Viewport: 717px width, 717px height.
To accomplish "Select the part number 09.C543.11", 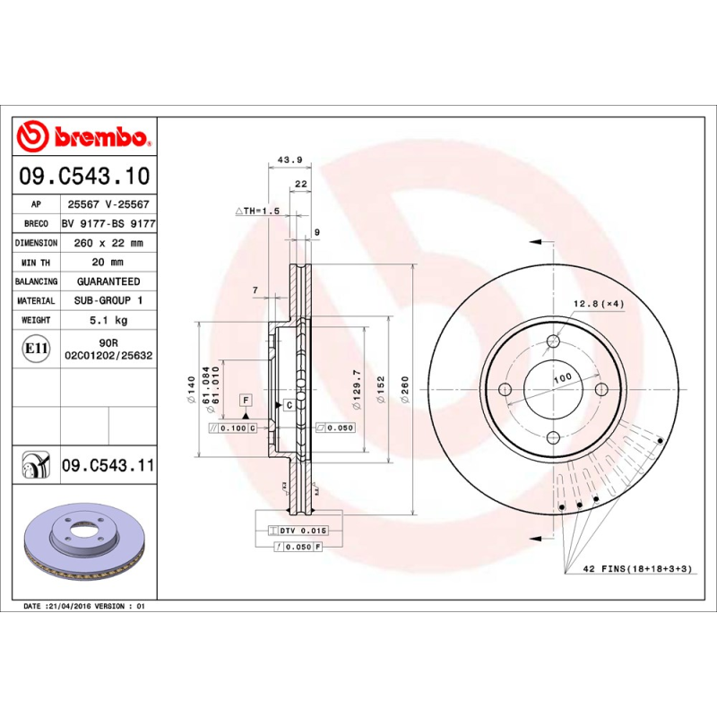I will coord(108,465).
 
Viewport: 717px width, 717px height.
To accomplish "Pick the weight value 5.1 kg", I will coord(108,320).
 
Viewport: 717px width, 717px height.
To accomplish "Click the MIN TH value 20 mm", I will coord(108,263).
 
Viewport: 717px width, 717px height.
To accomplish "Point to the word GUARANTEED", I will coord(108,281).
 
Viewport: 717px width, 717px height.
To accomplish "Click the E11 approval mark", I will coord(37,349).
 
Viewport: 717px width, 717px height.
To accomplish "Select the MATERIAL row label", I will coord(37,301).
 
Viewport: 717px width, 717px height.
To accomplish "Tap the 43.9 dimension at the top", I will coord(289,160).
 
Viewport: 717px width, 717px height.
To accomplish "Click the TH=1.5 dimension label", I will coord(258,211).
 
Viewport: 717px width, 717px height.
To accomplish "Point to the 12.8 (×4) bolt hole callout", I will coord(599,304).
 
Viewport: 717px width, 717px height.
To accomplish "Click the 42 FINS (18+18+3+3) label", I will coord(639,570).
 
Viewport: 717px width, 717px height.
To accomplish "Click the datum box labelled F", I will coord(245,399).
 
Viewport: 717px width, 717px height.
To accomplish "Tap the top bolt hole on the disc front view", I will coord(553,341).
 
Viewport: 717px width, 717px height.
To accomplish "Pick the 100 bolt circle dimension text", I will coord(562,380).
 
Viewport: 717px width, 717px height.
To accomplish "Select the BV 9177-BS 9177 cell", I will coord(108,224).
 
